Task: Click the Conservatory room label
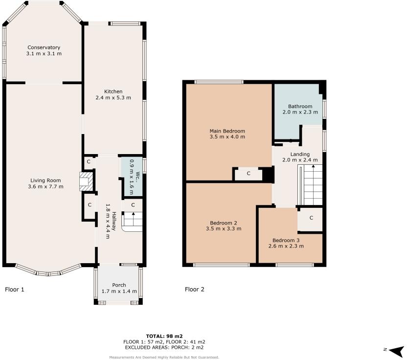point(44,47)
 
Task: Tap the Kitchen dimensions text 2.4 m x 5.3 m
point(113,98)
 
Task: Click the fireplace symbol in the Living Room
point(86,180)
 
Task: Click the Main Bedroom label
point(227,131)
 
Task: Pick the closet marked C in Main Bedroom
point(249,173)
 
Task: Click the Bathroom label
point(300,106)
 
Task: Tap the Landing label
point(300,154)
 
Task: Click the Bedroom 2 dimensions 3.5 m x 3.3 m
point(224,228)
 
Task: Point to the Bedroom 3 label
point(286,240)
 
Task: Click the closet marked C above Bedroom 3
point(312,219)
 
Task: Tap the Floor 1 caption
point(15,290)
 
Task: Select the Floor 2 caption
point(195,290)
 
